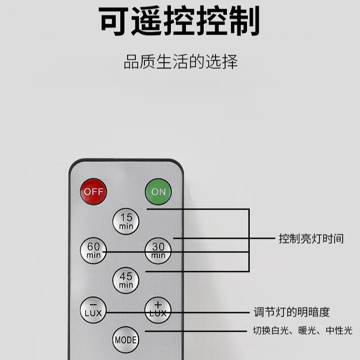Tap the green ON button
pyautogui.click(x=158, y=191)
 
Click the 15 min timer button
pyautogui.click(x=126, y=221)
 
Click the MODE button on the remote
pyautogui.click(x=126, y=339)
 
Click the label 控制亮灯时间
pyautogui.click(x=311, y=238)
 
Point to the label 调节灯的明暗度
pyautogui.click(x=291, y=312)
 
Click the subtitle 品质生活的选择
pyautogui.click(x=180, y=62)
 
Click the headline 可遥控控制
pyautogui.click(x=180, y=21)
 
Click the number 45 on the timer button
pyautogui.click(x=126, y=276)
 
